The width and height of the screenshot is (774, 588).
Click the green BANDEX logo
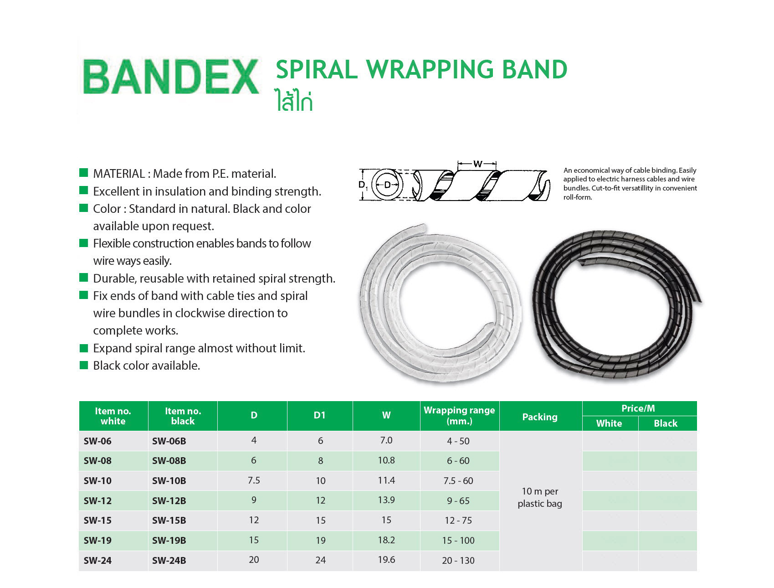tap(171, 77)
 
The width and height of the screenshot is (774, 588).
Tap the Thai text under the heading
tap(294, 100)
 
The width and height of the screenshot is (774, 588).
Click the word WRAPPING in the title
tap(430, 70)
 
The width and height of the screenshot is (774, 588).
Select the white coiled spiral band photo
tap(441, 303)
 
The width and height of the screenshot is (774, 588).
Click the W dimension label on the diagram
tap(477, 164)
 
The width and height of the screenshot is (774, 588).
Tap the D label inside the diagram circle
tap(387, 185)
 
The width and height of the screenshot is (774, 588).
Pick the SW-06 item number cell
tap(97, 441)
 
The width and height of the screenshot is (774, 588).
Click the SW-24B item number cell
tap(169, 561)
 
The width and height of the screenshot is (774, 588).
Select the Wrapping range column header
tap(459, 415)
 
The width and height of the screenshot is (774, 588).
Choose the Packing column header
tap(540, 417)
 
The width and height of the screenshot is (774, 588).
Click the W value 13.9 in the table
tap(386, 500)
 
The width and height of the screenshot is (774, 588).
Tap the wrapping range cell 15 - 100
tap(458, 541)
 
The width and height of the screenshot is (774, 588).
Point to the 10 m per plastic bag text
tap(540, 497)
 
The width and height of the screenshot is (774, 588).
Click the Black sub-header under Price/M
tap(666, 423)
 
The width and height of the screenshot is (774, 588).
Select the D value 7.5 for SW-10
tap(254, 480)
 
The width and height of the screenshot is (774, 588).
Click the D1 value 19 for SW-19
tap(321, 541)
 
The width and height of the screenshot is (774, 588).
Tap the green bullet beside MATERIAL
tap(83, 172)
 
